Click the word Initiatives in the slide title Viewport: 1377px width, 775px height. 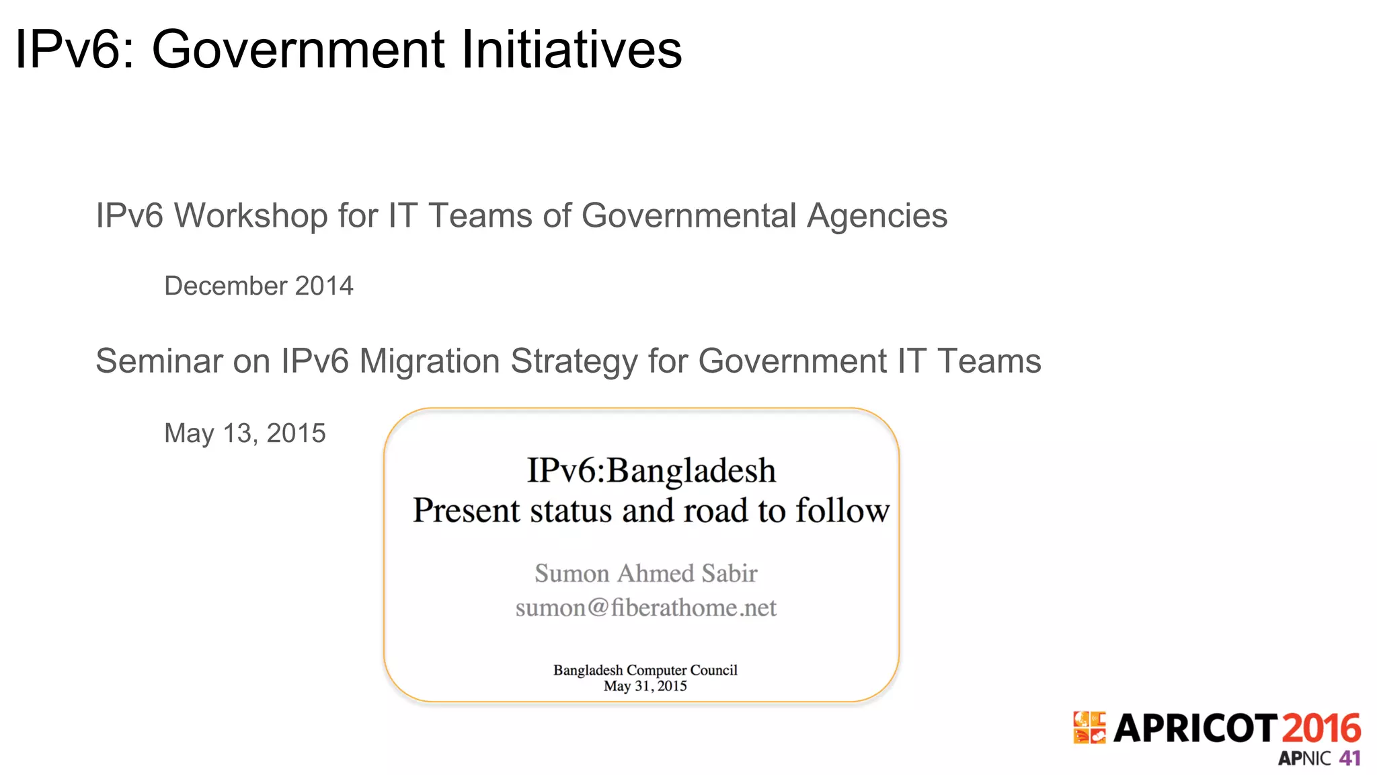[572, 49]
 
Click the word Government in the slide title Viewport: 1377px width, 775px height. [299, 49]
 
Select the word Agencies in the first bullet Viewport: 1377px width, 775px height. [877, 216]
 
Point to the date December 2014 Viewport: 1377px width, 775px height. [259, 286]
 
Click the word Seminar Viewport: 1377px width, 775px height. [159, 361]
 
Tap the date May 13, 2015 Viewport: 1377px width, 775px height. [245, 433]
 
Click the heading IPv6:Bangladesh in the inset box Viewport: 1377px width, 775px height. [651, 470]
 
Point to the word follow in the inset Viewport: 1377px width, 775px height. [842, 511]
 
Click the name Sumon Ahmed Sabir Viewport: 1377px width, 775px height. [645, 573]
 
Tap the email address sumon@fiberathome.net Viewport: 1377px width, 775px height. [645, 608]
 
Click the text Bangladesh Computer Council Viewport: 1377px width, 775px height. [645, 670]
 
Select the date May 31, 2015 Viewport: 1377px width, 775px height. [645, 686]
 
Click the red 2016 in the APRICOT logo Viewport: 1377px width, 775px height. [1321, 729]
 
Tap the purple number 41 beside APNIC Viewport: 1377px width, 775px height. [1349, 758]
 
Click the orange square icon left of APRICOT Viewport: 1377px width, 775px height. [1089, 728]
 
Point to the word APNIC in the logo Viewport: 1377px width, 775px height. [1304, 759]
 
